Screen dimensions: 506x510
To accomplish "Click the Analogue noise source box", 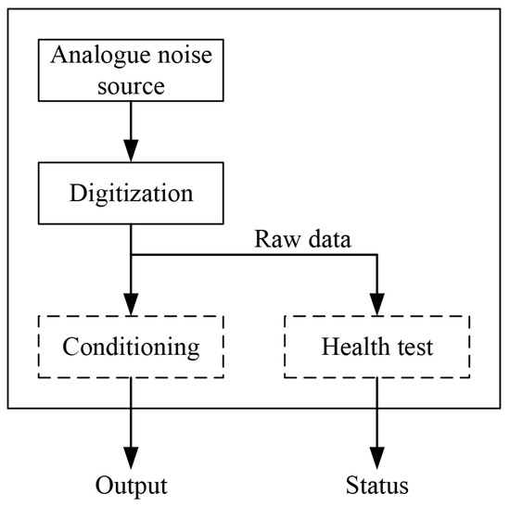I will coord(131,70).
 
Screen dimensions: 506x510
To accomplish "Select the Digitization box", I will coord(131,195).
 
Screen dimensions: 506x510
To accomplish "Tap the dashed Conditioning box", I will coord(131,348).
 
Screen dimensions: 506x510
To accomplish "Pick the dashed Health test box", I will coord(376,348).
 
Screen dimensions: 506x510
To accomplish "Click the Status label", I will coord(376,485).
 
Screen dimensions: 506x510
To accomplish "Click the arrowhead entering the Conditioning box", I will coord(131,305).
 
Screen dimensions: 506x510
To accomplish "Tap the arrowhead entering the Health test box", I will coord(376,305).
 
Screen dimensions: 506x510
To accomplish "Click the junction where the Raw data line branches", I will coord(131,255).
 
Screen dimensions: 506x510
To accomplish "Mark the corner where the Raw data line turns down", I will coord(376,255).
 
